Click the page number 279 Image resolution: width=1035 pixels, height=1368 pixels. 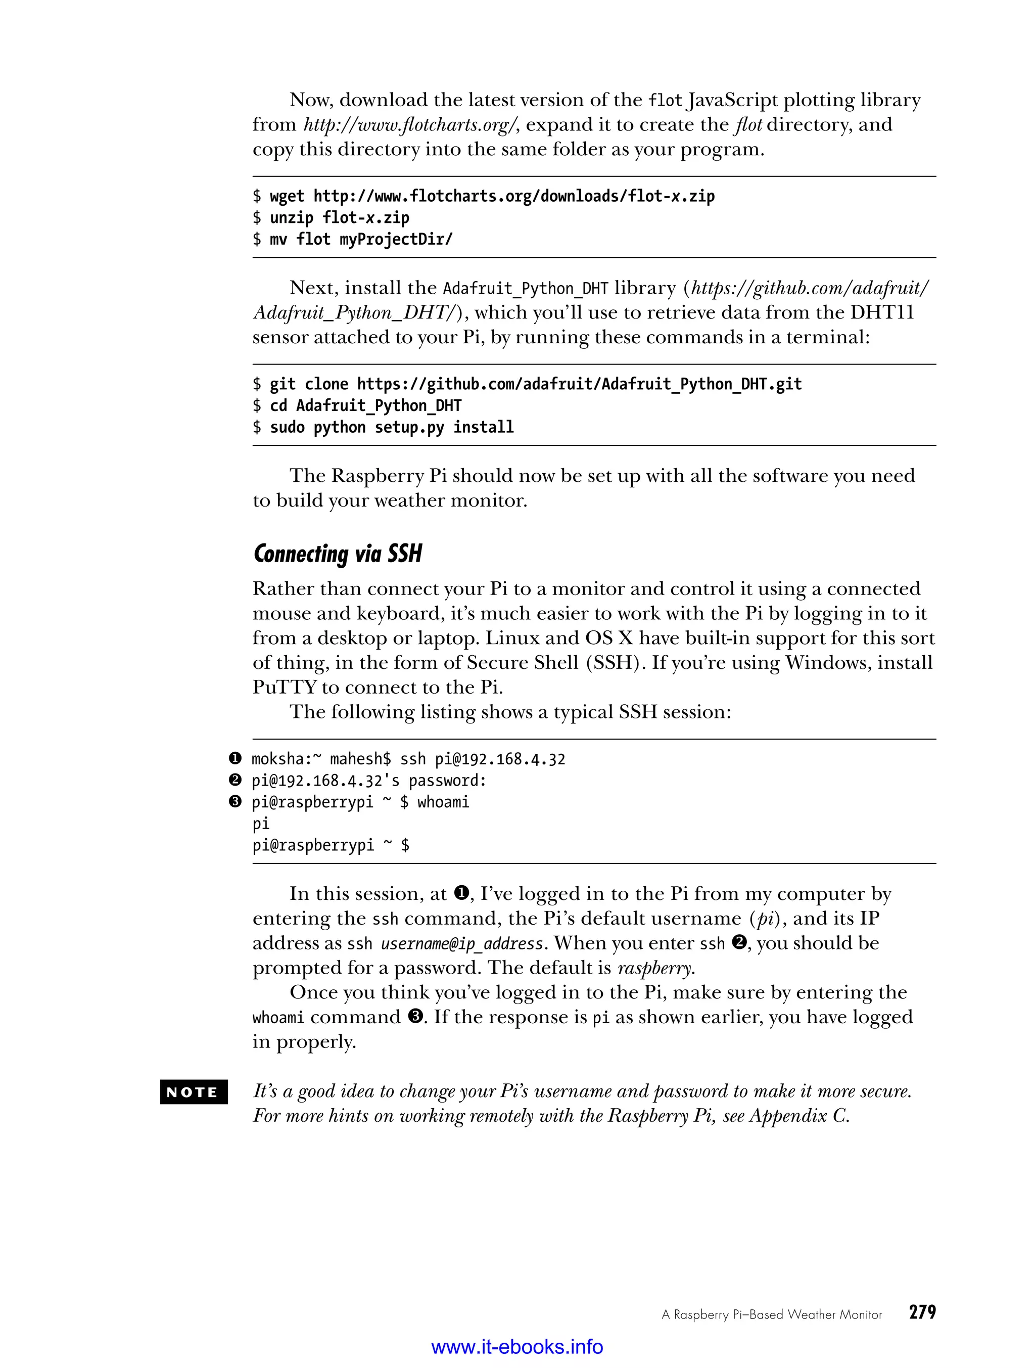click(x=922, y=1312)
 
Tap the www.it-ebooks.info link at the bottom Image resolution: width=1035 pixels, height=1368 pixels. click(x=517, y=1346)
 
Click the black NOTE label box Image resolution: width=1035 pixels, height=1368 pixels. click(x=194, y=1091)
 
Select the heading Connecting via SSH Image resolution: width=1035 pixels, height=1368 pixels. click(x=338, y=554)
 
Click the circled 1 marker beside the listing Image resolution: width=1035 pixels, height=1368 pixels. click(x=235, y=758)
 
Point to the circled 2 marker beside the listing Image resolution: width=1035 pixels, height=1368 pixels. click(x=235, y=780)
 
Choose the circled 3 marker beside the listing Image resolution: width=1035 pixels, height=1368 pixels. click(x=235, y=801)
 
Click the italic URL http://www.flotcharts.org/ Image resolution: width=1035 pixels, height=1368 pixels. click(x=410, y=125)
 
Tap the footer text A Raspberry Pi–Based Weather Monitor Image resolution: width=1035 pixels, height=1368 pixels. click(x=772, y=1314)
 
